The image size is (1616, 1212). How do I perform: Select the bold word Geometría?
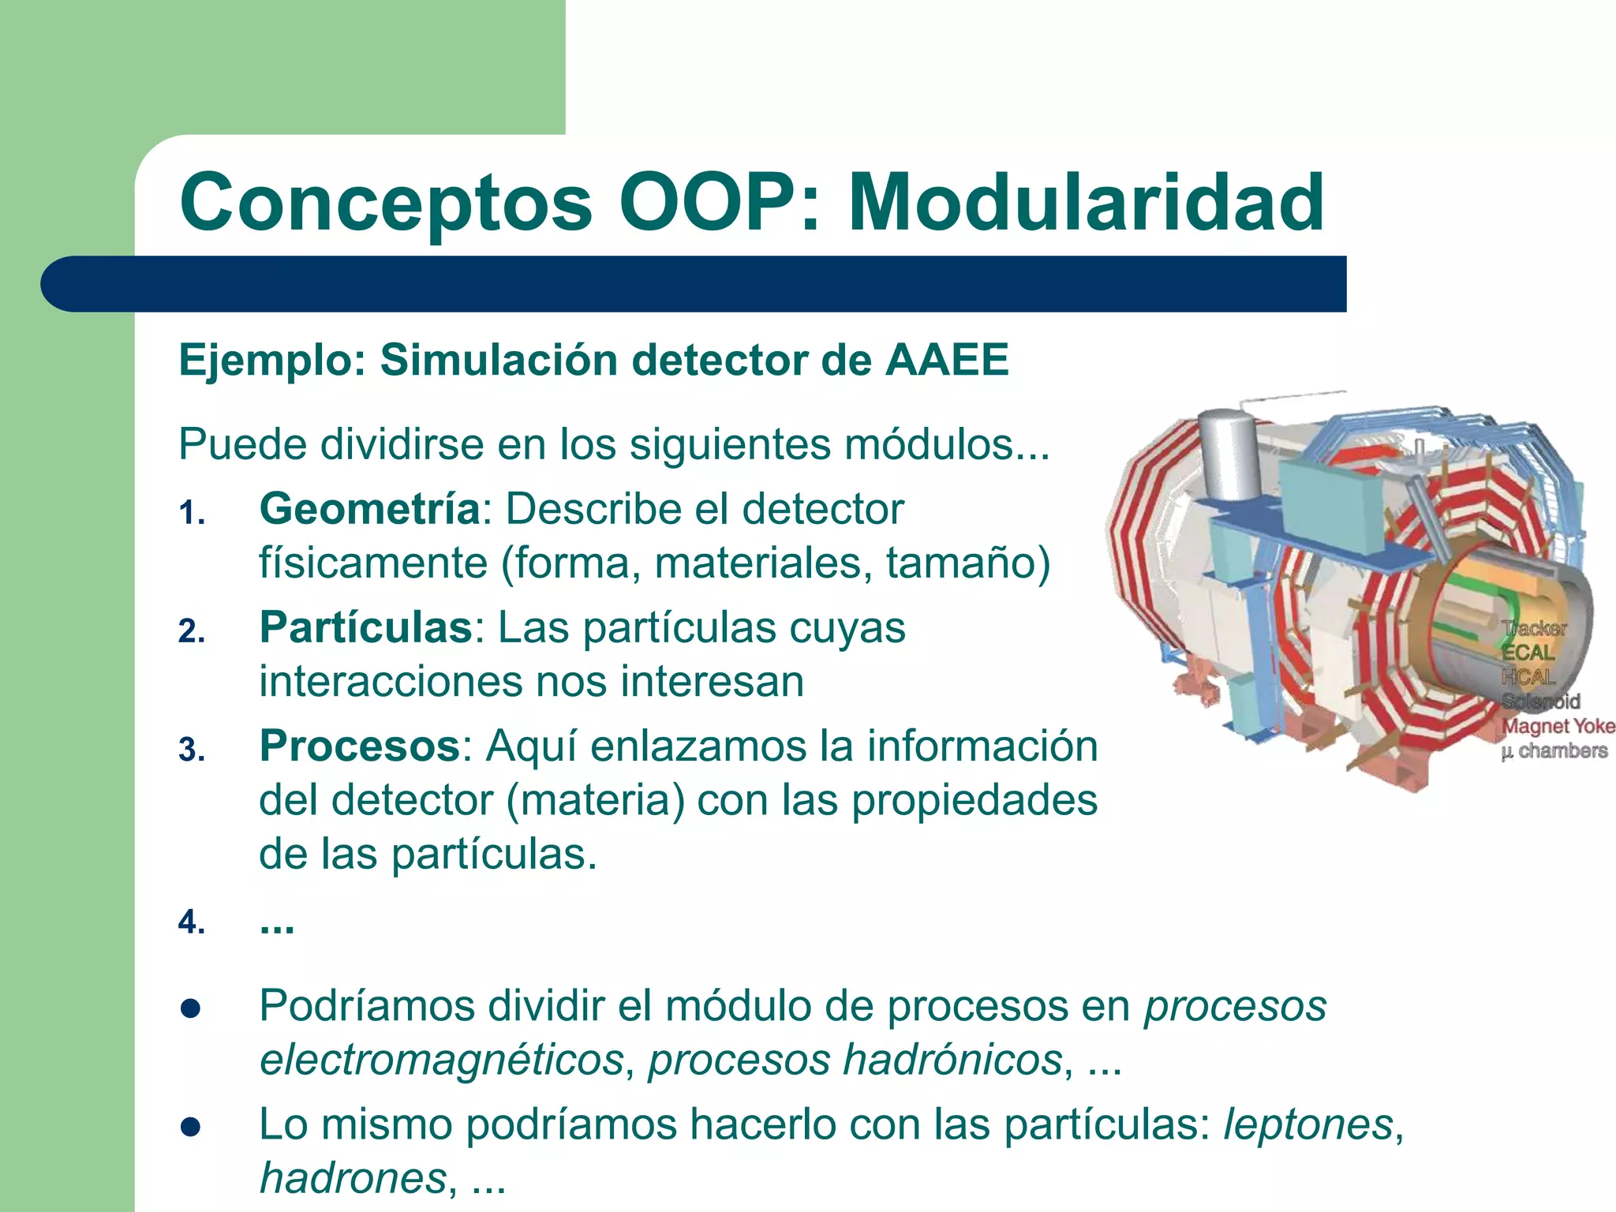tap(369, 509)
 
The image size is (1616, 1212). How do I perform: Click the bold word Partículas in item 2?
tap(365, 628)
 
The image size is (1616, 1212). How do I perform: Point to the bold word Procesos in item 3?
tap(360, 746)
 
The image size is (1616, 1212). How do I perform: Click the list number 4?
tap(192, 922)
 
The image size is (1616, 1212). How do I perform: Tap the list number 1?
tap(192, 514)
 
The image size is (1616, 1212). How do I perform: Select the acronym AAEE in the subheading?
tap(947, 361)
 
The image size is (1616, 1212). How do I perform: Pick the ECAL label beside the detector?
tap(1528, 653)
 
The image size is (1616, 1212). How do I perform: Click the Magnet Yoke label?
tap(1558, 726)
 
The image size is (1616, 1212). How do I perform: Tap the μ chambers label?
tap(1554, 750)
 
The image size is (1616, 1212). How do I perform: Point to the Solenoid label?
tap(1540, 701)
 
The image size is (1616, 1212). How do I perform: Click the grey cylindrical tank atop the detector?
tap(1225, 454)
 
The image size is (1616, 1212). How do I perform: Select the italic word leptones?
tap(1307, 1124)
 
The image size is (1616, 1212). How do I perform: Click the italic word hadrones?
tap(353, 1178)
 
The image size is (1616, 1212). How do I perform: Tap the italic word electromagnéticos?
tap(442, 1059)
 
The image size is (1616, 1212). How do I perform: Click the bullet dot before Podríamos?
tap(190, 1009)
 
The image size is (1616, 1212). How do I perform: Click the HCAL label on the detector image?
tap(1528, 677)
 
